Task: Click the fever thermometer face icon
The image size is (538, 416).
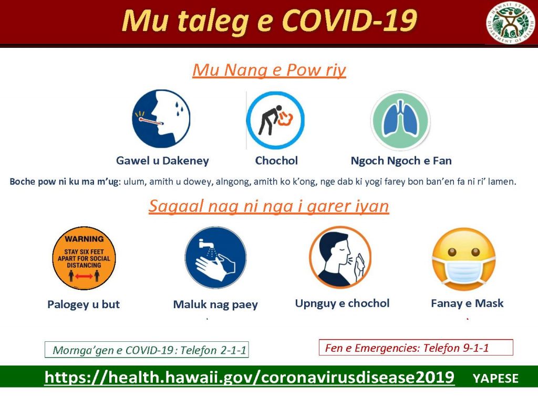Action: [x=161, y=119]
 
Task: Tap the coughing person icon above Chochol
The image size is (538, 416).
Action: [x=275, y=120]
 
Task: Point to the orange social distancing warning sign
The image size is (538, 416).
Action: [x=84, y=258]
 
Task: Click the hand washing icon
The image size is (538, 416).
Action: [x=215, y=257]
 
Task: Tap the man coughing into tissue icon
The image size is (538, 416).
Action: [x=340, y=257]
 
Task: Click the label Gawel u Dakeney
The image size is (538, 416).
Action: [x=162, y=161]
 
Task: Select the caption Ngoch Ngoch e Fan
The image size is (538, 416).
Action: [x=401, y=161]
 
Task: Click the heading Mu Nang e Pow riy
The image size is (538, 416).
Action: [x=269, y=70]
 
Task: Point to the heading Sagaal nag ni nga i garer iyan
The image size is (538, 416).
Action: [x=268, y=206]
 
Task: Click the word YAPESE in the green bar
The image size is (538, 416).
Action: [x=495, y=378]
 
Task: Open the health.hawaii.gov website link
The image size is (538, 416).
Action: [x=250, y=377]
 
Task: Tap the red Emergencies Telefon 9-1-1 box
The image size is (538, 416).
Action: [x=416, y=348]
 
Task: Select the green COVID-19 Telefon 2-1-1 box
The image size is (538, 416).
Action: [x=147, y=350]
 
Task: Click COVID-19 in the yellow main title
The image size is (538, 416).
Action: [x=349, y=21]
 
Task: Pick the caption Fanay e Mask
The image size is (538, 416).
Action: [x=467, y=303]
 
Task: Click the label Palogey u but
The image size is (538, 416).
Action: [x=84, y=305]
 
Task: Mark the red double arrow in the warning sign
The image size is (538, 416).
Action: [x=84, y=276]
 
